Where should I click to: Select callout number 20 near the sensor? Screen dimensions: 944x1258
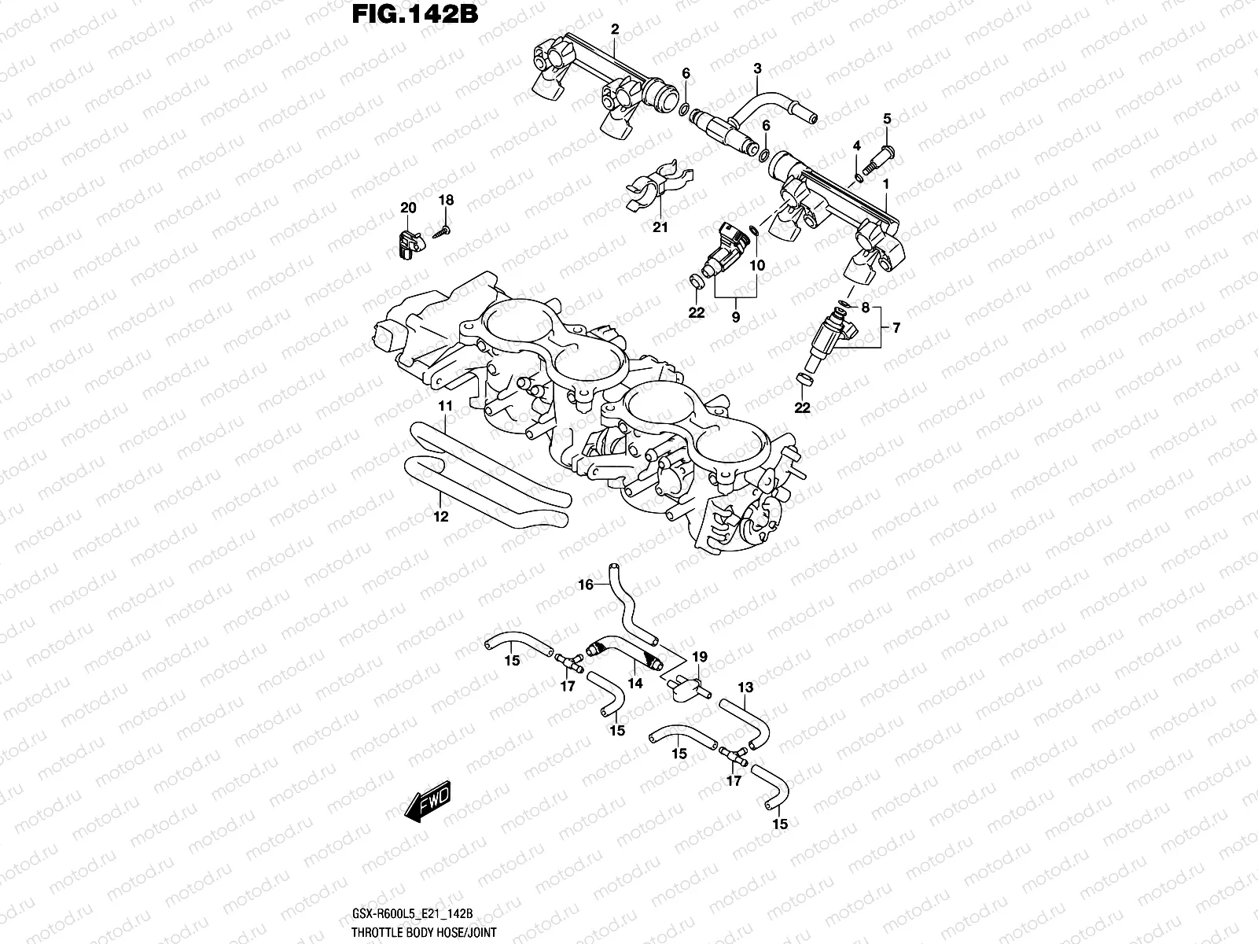(x=407, y=208)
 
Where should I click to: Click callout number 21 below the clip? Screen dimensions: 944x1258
(x=660, y=227)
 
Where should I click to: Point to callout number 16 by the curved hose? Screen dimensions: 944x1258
(x=586, y=584)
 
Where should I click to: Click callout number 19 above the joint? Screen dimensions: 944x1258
(x=699, y=657)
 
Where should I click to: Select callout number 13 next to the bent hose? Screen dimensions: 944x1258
(x=745, y=688)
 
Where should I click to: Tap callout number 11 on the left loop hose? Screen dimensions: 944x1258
(x=446, y=407)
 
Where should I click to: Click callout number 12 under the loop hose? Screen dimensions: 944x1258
(x=440, y=517)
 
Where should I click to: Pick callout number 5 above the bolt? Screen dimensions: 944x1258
(x=887, y=120)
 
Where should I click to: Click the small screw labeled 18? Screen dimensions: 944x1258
(x=442, y=230)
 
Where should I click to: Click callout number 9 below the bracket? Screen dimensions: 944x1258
(x=736, y=317)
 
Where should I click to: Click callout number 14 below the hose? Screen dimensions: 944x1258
(x=635, y=684)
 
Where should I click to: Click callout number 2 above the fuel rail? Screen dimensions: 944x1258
(x=615, y=30)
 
